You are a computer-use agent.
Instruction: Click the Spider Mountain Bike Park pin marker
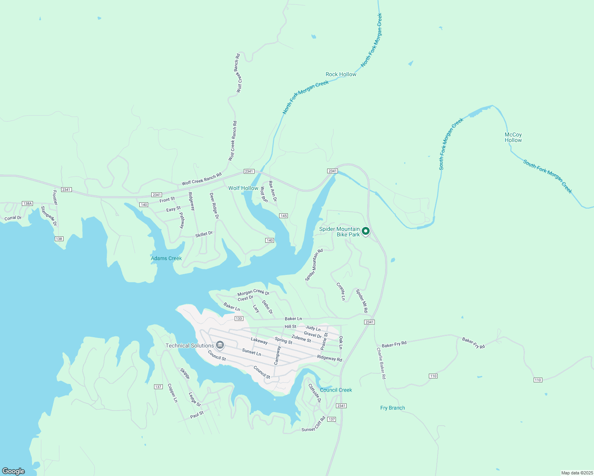click(x=366, y=231)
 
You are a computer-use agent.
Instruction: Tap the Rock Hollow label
click(x=341, y=74)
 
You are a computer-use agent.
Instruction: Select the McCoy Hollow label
click(x=513, y=137)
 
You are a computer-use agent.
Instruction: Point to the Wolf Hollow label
click(x=243, y=188)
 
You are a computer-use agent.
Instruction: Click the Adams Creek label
click(x=166, y=258)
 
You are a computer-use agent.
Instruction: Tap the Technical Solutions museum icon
click(x=220, y=345)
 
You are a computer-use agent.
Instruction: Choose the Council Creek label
click(x=336, y=390)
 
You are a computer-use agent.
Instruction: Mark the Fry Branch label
click(x=392, y=408)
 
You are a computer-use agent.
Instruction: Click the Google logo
click(x=13, y=471)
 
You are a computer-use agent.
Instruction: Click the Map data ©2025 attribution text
click(x=576, y=473)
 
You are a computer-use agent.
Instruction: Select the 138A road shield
click(x=27, y=203)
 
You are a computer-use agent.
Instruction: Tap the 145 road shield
click(x=283, y=216)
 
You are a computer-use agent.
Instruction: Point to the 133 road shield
click(x=239, y=319)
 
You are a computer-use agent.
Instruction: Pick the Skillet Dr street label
click(x=204, y=234)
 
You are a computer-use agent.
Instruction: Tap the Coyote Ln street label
click(x=341, y=292)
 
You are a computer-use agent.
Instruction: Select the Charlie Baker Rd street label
click(x=381, y=363)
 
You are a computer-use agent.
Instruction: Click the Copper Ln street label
click(x=172, y=393)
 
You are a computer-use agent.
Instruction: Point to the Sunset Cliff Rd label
click(x=313, y=424)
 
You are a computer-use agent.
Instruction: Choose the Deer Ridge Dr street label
click(x=214, y=206)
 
